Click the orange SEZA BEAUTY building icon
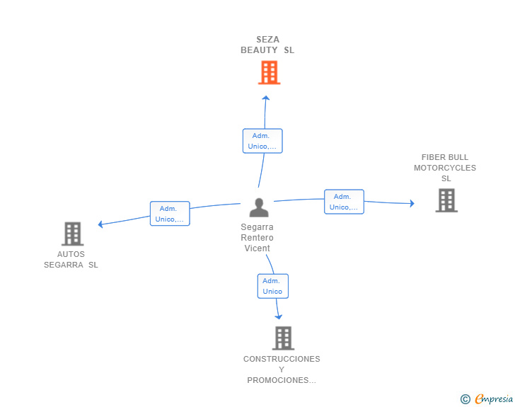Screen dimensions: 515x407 (269, 72)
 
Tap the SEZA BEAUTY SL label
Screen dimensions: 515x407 (267, 45)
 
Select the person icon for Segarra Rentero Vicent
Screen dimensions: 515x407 (259, 207)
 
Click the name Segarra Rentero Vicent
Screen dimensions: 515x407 (257, 237)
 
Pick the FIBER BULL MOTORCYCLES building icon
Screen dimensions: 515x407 (446, 200)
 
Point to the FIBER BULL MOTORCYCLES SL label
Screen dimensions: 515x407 (445, 168)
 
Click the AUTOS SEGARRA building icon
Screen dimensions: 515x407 (73, 234)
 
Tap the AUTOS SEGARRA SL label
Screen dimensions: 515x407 (71, 259)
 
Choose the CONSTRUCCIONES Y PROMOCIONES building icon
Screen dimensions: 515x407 (283, 338)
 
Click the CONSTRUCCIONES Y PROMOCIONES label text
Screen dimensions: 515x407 (282, 369)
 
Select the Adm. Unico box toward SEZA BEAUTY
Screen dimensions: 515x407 (262, 141)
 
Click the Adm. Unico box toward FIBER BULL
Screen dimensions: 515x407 (344, 202)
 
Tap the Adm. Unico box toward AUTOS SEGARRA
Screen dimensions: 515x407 (170, 213)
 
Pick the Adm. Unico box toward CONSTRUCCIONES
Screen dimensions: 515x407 (272, 286)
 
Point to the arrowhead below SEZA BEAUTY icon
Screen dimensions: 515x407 (266, 98)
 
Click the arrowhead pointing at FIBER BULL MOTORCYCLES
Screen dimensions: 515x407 (412, 204)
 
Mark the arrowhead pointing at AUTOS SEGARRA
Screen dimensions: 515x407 (101, 224)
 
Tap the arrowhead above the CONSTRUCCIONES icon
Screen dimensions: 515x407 (279, 316)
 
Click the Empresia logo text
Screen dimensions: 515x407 (494, 399)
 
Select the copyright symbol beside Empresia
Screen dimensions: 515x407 (465, 399)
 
